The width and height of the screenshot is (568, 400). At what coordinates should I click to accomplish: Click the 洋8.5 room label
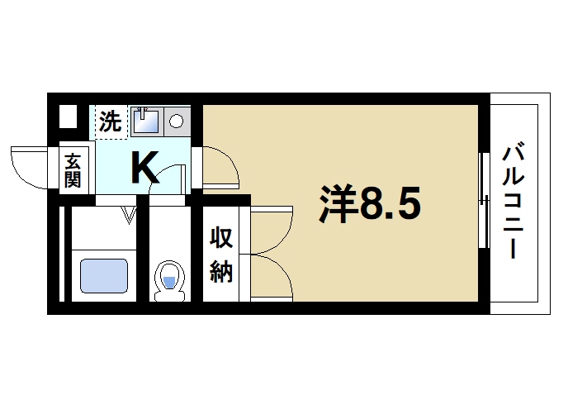[x=371, y=204]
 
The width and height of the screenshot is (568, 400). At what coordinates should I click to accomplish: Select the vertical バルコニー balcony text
[x=517, y=202]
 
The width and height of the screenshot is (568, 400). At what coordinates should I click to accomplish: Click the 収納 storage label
[x=220, y=254]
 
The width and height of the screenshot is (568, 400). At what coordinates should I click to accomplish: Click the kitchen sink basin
[x=146, y=121]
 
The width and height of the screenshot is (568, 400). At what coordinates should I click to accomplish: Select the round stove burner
[x=177, y=121]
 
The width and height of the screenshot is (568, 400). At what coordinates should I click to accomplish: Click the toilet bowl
[x=169, y=277]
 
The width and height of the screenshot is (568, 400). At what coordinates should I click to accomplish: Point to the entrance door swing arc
[x=29, y=165]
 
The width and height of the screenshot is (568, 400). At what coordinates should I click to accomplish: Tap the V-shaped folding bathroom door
[x=128, y=216]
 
